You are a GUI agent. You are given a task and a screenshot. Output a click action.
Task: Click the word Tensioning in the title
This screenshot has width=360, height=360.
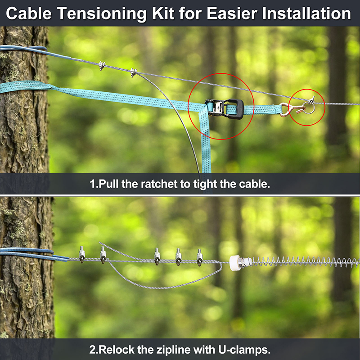[102, 14]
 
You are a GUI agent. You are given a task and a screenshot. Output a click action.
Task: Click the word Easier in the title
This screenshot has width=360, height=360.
[232, 13]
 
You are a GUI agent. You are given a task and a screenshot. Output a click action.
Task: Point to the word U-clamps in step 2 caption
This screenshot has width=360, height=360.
[244, 350]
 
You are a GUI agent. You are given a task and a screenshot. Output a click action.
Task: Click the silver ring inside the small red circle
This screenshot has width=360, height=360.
[308, 108]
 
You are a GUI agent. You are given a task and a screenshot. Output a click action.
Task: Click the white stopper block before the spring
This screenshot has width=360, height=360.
[234, 263]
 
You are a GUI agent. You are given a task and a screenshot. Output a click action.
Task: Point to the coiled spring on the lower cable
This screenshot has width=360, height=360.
[306, 262]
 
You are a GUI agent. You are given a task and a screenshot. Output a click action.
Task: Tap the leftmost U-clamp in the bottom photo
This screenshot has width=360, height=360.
[82, 254]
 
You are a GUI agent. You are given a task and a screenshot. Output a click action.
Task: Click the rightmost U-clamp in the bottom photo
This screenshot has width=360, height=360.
[199, 257]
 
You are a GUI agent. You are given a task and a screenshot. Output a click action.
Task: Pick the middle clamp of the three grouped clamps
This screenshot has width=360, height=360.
[178, 257]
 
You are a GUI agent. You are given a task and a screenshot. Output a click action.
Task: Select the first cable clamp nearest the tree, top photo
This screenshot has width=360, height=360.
[102, 65]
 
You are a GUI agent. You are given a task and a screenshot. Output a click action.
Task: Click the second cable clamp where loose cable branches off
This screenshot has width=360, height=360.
[133, 72]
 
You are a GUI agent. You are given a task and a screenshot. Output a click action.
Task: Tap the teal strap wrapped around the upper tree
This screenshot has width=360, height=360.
[25, 87]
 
